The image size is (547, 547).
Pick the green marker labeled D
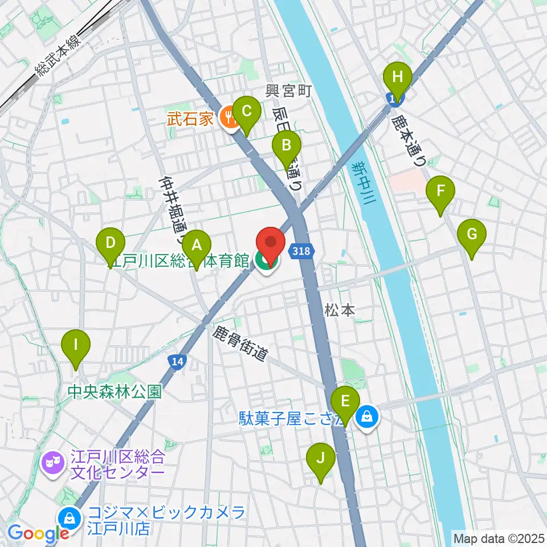(x=111, y=245)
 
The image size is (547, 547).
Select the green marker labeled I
(x=75, y=346)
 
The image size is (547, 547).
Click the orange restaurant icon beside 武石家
(x=231, y=118)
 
